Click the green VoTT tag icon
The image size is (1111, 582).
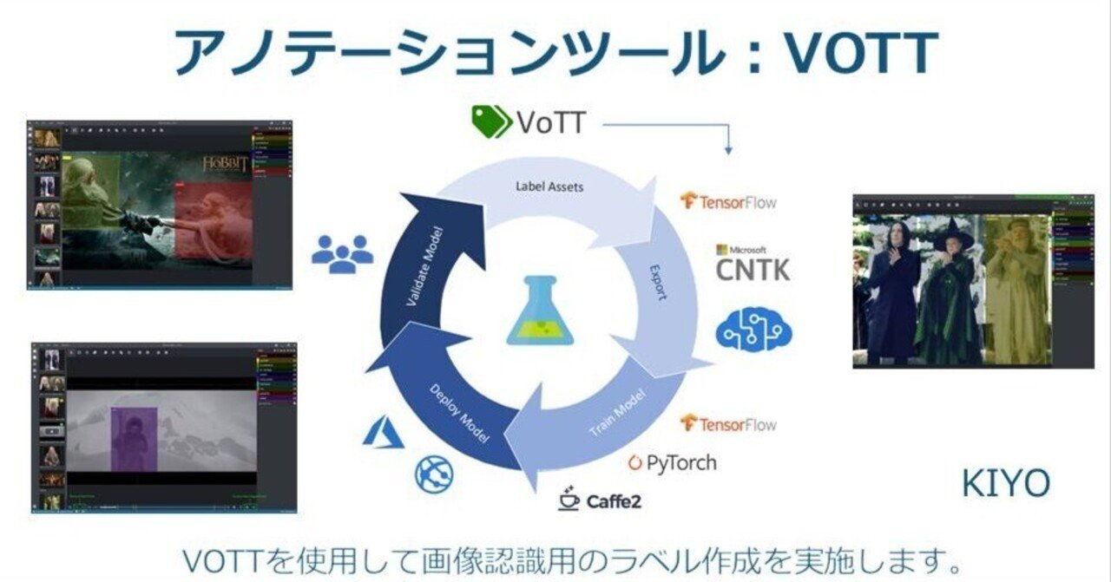491,122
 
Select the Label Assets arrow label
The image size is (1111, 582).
549,186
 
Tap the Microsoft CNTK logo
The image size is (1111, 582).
753,263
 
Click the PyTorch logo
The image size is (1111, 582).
673,462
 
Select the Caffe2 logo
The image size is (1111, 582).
601,500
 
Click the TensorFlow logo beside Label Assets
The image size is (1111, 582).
728,202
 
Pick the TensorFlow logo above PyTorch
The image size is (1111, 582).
728,424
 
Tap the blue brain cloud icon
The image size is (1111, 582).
753,331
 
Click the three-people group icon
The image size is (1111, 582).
342,253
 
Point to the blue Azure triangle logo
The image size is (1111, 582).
384,433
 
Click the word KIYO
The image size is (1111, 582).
1005,484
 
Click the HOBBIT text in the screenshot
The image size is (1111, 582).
226,164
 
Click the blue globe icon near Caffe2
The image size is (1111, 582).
435,475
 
